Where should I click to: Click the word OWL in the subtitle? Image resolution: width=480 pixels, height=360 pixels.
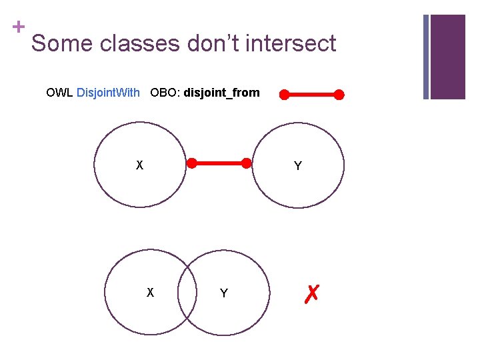tap(59, 93)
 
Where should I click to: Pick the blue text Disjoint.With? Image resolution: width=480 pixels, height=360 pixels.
tap(108, 93)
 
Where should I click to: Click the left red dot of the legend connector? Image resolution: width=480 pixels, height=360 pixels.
tap(285, 95)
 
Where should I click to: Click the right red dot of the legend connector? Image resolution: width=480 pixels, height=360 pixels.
tap(339, 95)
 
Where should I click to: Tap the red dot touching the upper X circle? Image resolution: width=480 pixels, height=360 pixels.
tap(191, 163)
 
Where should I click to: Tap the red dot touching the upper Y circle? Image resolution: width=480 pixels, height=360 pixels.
tap(246, 163)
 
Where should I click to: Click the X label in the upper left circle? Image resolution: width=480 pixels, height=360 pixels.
tap(139, 165)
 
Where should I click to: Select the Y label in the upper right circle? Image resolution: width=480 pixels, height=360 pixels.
tap(297, 166)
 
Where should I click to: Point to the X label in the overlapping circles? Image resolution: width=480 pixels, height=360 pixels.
tap(150, 292)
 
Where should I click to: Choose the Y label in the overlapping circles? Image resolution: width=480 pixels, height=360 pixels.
tap(223, 293)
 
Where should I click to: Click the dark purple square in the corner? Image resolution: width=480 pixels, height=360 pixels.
tap(448, 56)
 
